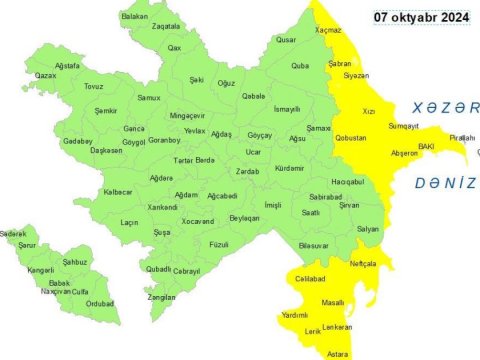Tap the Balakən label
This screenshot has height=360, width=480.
134,16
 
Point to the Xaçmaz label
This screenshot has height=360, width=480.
328,31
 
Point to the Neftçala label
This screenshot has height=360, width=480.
364,262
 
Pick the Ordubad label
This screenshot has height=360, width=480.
100,303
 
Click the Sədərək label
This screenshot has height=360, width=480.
13,232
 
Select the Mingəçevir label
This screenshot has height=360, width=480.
187,115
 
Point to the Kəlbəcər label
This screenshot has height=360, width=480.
118,191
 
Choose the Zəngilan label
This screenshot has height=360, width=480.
162,297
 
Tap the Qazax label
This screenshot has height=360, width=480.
45,75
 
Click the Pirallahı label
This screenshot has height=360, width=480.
462,137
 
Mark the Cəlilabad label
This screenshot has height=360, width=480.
311,279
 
